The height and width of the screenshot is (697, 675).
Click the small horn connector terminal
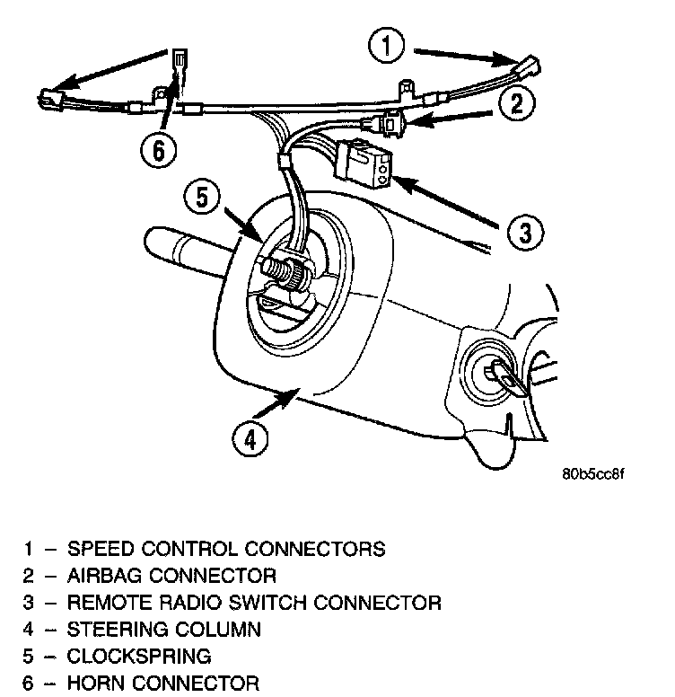tap(179, 63)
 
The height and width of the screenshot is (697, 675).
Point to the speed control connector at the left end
tap(49, 98)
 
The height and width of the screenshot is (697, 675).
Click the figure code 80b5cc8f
tap(592, 473)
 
